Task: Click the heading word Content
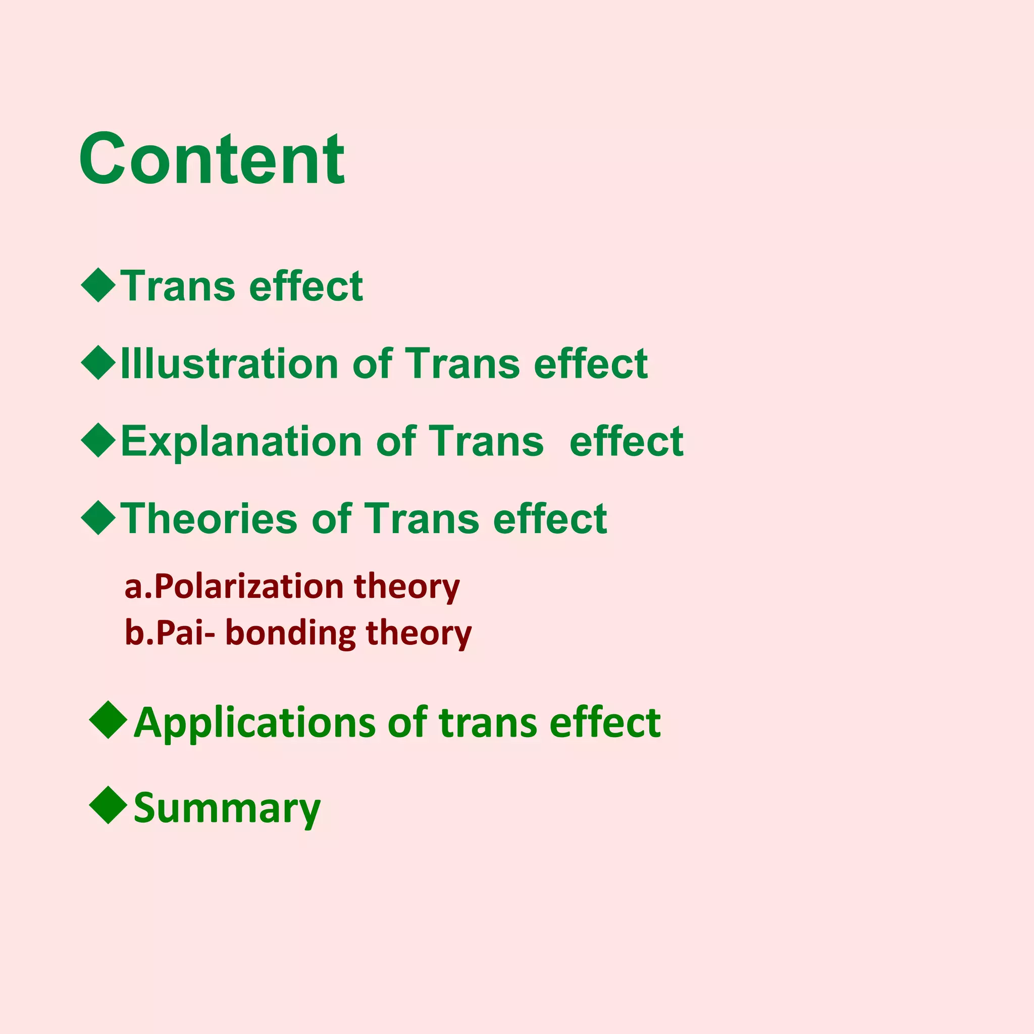(x=212, y=159)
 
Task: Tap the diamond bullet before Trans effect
(x=98, y=285)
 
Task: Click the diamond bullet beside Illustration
(x=98, y=363)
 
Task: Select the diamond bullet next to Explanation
(x=98, y=440)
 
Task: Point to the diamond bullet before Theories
(x=98, y=518)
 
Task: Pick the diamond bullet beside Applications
(x=109, y=720)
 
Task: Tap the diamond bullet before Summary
(x=109, y=805)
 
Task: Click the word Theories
(x=209, y=519)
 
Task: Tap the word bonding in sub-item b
(x=291, y=633)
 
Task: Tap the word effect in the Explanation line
(x=626, y=442)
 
